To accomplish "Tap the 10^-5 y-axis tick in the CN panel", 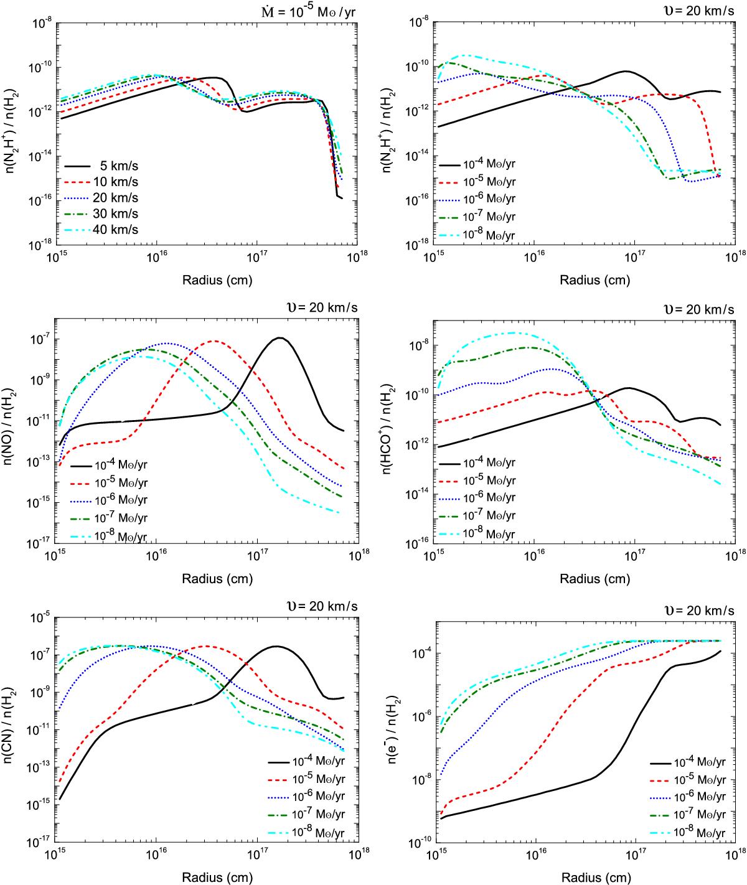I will [39, 618].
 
